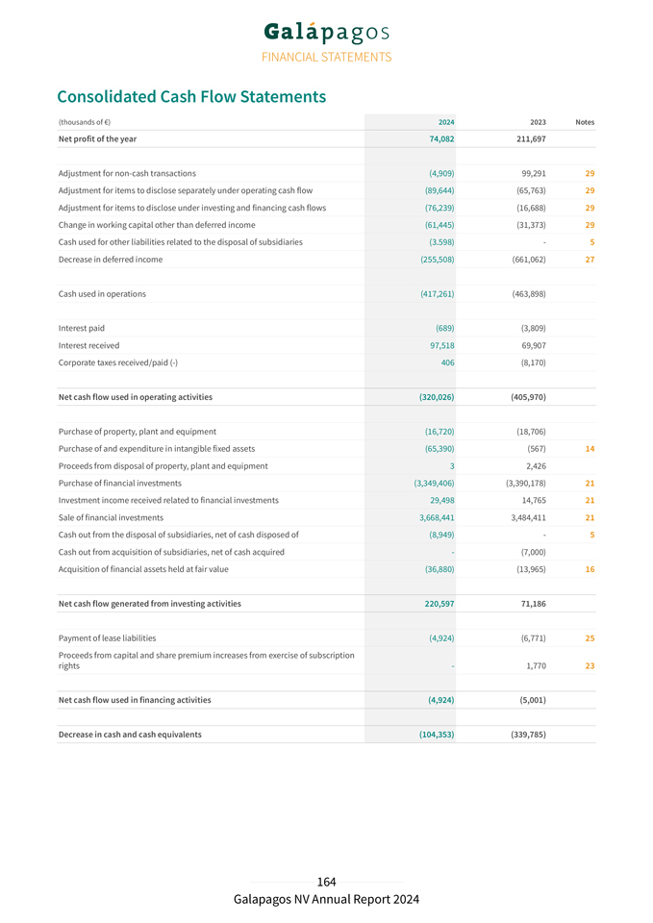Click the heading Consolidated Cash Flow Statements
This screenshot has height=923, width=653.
tap(191, 97)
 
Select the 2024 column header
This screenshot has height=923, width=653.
tap(446, 122)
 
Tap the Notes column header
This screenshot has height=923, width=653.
tap(584, 122)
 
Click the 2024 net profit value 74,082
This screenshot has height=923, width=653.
tap(441, 138)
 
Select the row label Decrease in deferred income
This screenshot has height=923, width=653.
tap(111, 260)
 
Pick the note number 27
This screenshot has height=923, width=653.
tap(589, 260)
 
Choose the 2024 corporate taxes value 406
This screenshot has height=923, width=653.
tap(447, 362)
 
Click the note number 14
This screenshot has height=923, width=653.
tap(589, 449)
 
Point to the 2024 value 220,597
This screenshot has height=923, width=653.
tap(440, 604)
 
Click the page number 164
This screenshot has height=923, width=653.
tap(327, 882)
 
